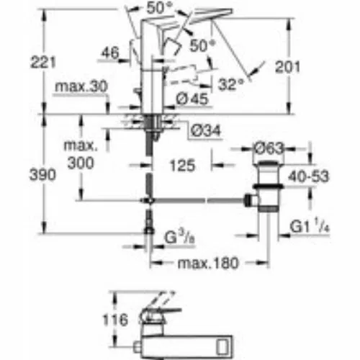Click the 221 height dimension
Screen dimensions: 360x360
[x=43, y=62]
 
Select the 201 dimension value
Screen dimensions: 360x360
[x=287, y=67]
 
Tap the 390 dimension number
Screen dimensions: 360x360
[x=42, y=174]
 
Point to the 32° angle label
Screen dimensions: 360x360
[x=231, y=84]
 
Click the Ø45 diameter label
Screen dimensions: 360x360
[x=192, y=99]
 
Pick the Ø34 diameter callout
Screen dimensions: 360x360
[x=206, y=131]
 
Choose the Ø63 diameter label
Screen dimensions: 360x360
[x=269, y=149]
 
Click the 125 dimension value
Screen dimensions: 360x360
[x=182, y=166]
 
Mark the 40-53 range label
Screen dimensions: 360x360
[x=309, y=176]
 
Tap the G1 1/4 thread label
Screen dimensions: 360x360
[x=310, y=226]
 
